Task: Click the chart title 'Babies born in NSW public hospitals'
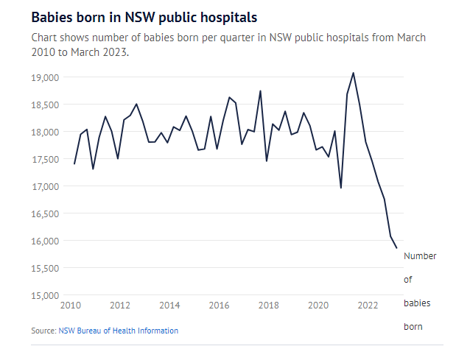tap(144, 15)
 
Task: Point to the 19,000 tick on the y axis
tap(46, 77)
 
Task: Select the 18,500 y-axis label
tap(46, 105)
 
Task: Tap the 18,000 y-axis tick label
tap(46, 133)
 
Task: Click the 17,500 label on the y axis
tap(46, 160)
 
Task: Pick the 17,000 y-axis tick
tap(46, 187)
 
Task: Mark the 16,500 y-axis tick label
tap(46, 214)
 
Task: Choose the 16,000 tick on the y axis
tap(46, 241)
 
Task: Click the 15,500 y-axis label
tap(46, 269)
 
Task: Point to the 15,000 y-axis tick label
tap(46, 296)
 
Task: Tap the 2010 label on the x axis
tap(71, 305)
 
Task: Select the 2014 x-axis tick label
tap(169, 305)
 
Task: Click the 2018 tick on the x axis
tap(268, 305)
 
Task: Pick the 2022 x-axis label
tap(367, 305)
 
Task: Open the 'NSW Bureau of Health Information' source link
tap(118, 331)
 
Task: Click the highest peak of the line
tap(353, 73)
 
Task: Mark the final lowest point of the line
tap(396, 248)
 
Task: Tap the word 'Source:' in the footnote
tap(43, 331)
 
